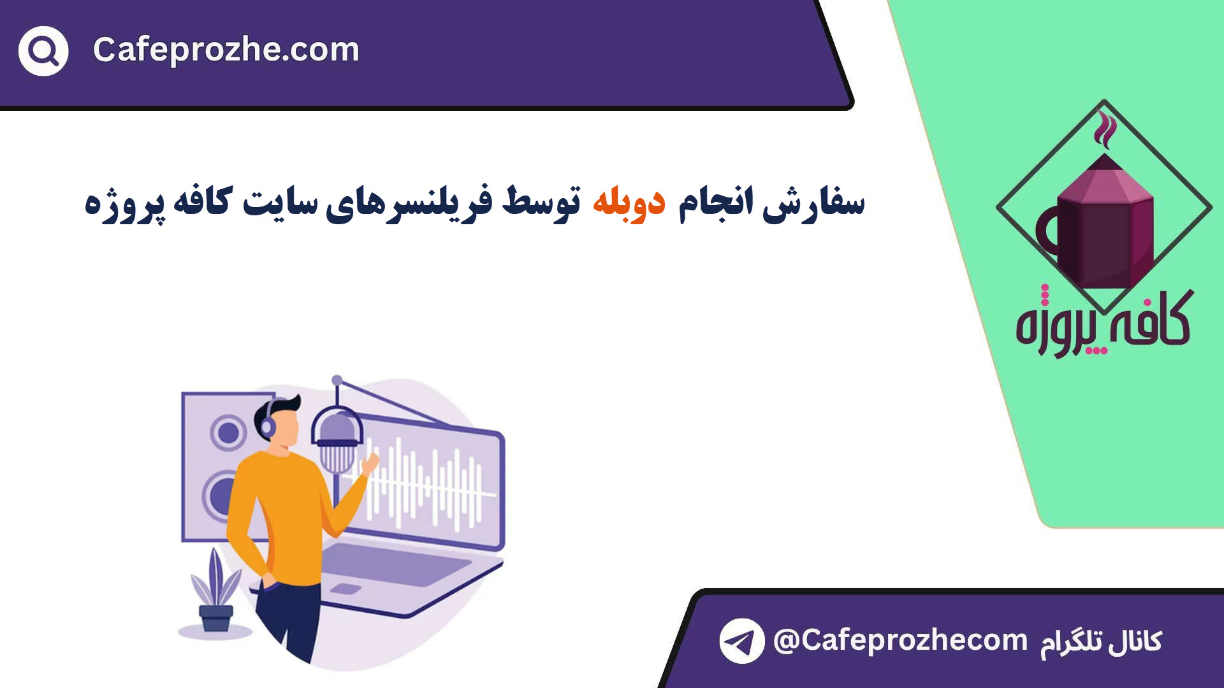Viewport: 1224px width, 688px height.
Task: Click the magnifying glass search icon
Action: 43,51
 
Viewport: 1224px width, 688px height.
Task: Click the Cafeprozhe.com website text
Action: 226,50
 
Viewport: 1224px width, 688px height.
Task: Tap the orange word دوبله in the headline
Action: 629,201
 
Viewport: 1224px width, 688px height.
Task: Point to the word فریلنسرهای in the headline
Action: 409,203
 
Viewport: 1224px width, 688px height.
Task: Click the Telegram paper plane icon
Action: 742,641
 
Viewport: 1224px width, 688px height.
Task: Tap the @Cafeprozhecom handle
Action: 900,640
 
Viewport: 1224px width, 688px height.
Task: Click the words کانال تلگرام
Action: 1101,642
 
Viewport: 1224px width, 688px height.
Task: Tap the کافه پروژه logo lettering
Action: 1104,322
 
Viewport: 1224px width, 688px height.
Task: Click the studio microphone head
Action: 337,440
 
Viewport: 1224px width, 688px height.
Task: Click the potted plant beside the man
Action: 215,590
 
